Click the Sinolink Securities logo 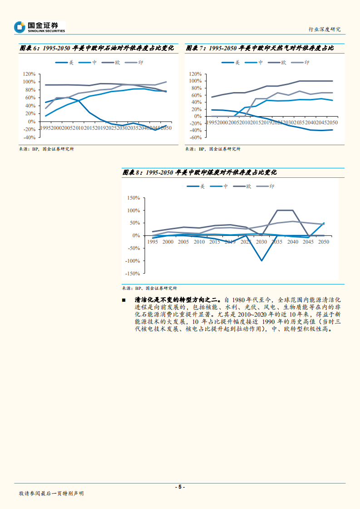point(39,27)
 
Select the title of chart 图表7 point(259,49)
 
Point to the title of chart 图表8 point(199,173)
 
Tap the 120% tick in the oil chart point(28,74)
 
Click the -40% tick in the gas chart point(195,130)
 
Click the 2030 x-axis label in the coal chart point(261,242)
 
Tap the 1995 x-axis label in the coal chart point(152,242)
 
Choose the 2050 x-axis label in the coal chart point(324,242)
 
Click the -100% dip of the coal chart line point(261,260)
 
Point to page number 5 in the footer point(180,487)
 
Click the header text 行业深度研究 point(324,29)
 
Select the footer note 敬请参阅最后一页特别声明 point(51,493)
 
